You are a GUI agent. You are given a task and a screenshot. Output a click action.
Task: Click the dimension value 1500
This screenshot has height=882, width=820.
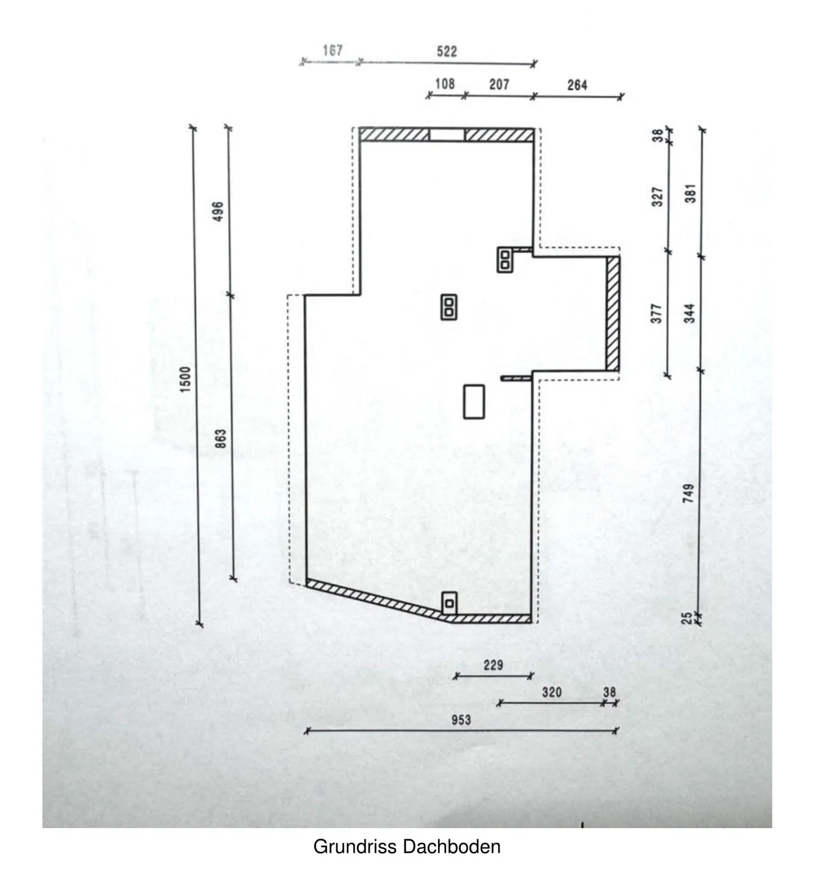point(186,379)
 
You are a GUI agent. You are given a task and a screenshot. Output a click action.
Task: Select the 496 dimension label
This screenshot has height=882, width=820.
point(219,211)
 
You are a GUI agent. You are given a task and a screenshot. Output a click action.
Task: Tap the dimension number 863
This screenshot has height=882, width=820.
point(220,439)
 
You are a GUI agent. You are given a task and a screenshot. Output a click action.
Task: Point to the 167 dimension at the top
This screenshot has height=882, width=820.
point(332,50)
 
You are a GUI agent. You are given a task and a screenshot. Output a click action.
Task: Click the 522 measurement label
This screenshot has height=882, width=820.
point(446,52)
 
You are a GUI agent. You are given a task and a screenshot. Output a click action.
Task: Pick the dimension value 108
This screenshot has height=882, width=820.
point(444,84)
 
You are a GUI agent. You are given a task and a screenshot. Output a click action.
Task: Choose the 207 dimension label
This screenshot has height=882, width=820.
point(499,85)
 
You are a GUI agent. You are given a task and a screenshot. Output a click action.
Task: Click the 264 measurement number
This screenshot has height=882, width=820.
point(577,85)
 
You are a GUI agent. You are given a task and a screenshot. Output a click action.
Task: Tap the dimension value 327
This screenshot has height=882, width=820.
point(657,196)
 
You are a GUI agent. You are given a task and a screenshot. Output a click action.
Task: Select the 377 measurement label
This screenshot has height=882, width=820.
point(657,313)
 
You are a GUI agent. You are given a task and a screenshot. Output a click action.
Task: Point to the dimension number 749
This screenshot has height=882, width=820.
point(689,493)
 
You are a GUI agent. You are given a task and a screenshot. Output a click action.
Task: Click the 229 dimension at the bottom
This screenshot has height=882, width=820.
point(493,665)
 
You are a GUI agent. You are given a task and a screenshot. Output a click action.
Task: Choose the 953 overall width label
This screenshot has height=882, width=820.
point(461,720)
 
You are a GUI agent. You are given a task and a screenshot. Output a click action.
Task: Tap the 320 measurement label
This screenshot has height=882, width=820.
point(551,692)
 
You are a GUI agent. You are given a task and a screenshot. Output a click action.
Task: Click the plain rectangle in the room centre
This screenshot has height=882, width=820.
point(474,401)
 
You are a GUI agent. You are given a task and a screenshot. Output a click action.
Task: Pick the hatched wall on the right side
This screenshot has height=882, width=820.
point(612,313)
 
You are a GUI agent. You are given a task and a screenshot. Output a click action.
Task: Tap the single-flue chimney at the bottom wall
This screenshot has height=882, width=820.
point(449,603)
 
